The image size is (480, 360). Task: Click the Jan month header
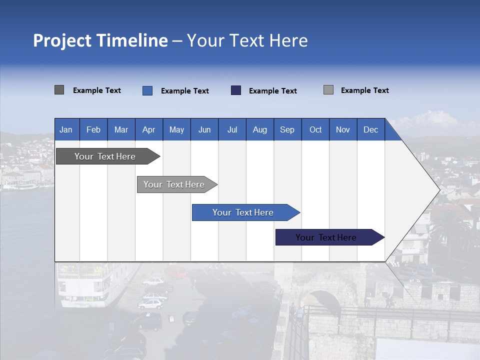pos(66,130)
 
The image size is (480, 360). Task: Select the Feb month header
pos(93,130)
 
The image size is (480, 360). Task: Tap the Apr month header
pos(148,130)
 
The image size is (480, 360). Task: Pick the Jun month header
pos(204,130)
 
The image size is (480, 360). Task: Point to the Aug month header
pos(260,130)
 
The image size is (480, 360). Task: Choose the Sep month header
pos(287,130)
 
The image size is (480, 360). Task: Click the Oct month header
pos(315,130)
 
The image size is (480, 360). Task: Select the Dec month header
pos(371,130)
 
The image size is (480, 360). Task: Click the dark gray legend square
pos(59,90)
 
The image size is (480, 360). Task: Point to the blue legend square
pos(147,90)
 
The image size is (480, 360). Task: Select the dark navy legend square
pos(236,90)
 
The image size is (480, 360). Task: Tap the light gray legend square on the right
pos(328,90)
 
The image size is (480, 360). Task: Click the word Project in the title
pos(62,40)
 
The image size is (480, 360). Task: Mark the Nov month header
pos(343,130)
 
